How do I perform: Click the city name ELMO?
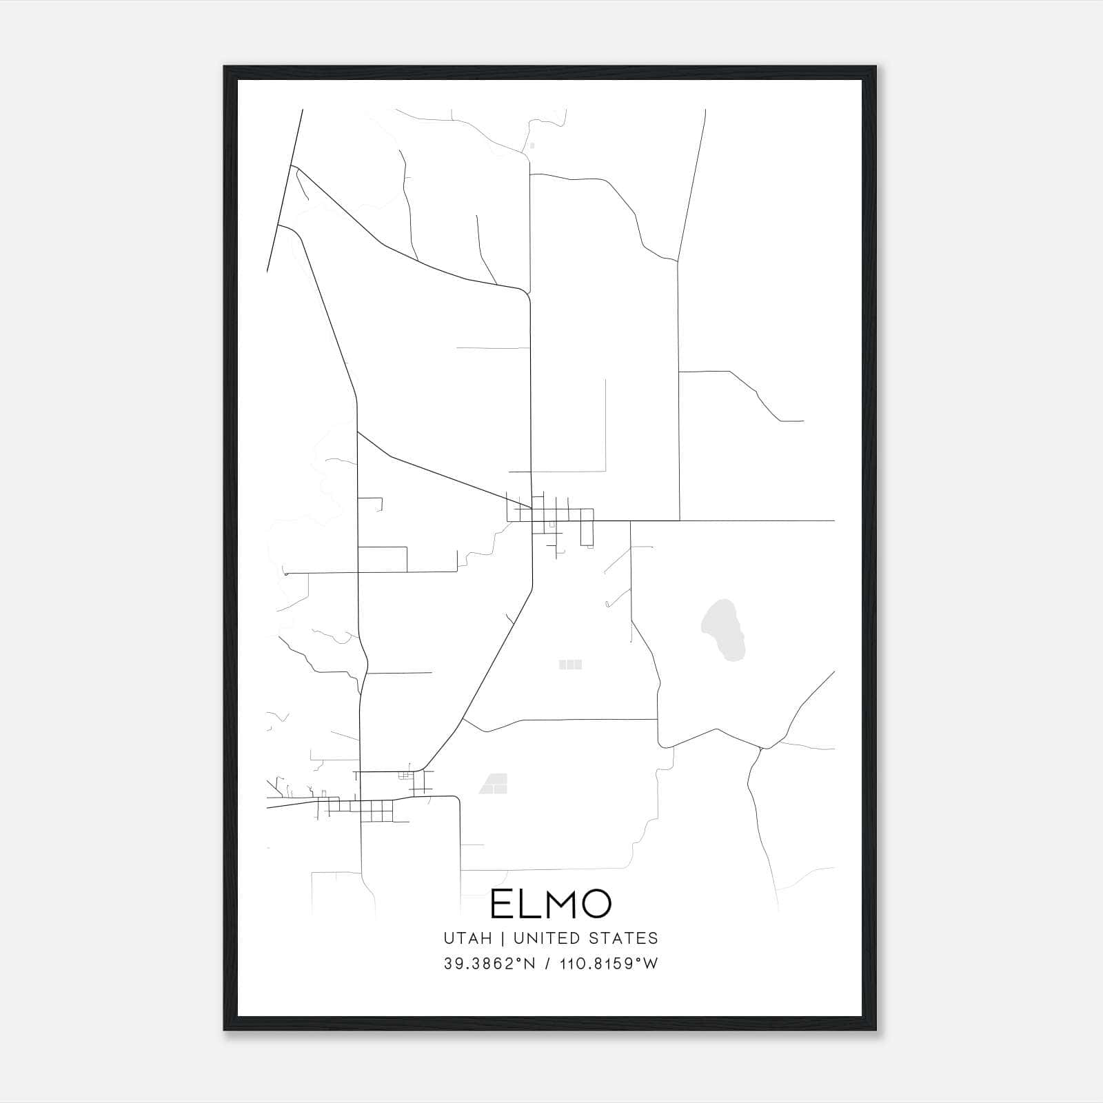click(551, 904)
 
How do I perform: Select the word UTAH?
click(468, 938)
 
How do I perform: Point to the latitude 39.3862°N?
click(489, 964)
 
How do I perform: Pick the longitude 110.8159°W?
click(609, 964)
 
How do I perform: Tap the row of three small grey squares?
click(570, 665)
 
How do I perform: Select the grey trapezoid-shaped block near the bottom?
click(494, 783)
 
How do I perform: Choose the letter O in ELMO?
click(594, 904)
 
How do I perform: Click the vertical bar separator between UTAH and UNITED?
click(503, 938)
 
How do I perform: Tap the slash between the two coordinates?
click(547, 964)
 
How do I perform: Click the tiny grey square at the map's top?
click(532, 145)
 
